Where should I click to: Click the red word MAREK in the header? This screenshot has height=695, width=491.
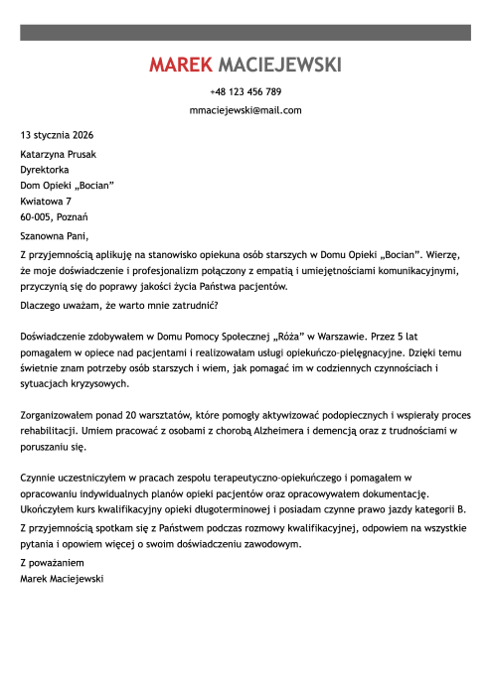point(180,66)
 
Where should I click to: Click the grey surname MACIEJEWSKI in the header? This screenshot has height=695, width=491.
point(278,66)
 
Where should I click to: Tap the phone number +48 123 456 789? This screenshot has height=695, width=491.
point(245,91)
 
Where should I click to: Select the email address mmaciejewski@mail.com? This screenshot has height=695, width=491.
point(245,110)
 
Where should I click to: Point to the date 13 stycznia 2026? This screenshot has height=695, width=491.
point(58,133)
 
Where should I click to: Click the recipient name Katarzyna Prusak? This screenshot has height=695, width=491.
point(59,154)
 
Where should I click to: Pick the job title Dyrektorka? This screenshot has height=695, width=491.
point(45,170)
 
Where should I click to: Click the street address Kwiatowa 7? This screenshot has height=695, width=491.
point(46,201)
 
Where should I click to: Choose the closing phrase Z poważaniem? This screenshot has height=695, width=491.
point(52,562)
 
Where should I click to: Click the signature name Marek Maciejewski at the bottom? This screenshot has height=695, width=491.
point(62,577)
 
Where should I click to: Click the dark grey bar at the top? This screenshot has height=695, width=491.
point(245,34)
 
